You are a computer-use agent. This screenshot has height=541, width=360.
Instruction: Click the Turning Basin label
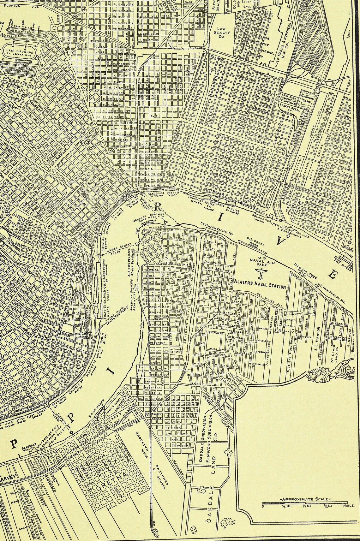point(306,100)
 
